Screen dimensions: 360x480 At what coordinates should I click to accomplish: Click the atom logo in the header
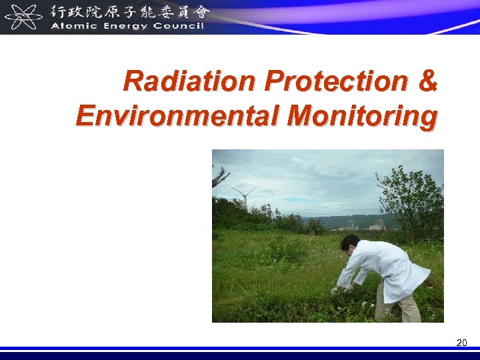point(24,17)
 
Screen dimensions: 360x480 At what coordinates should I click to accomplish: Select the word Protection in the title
point(336,81)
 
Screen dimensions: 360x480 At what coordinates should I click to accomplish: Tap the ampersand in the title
point(428,81)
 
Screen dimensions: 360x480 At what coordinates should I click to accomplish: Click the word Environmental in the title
point(178,115)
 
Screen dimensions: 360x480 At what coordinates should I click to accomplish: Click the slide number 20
point(461,343)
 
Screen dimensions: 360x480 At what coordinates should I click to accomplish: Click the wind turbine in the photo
point(244,196)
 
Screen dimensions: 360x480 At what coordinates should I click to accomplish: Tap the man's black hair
point(350,243)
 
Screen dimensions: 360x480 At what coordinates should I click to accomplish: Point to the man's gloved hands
point(341,289)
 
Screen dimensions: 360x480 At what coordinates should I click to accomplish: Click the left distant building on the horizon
point(351,225)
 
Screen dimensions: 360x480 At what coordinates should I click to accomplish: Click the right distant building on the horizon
point(379,224)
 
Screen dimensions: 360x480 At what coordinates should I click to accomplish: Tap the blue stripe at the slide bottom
point(240,349)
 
